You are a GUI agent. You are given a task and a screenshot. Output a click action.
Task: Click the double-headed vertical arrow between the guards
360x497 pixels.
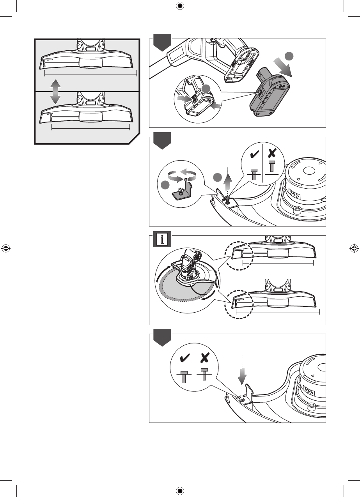(x=55, y=91)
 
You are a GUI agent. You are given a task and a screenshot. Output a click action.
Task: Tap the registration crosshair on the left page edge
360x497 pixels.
(x=5, y=248)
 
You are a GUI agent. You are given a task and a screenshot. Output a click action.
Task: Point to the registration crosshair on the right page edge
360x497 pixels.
(x=354, y=248)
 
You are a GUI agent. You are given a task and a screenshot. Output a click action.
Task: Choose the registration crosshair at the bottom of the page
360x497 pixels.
(x=180, y=490)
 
